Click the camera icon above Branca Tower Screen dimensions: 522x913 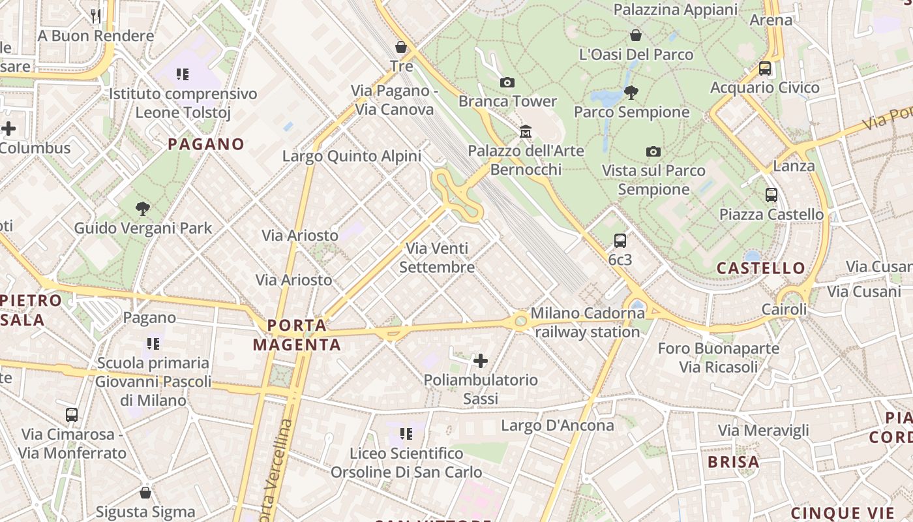507,82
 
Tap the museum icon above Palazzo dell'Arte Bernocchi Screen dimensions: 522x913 526,132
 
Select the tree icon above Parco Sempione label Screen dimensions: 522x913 631,93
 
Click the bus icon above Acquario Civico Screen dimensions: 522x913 765,69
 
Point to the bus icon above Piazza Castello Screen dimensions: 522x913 771,195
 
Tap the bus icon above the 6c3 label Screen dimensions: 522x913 620,241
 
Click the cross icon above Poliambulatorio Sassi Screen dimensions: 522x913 481,360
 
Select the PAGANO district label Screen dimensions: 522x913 206,144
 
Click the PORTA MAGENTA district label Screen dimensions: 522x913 297,335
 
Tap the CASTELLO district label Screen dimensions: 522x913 761,268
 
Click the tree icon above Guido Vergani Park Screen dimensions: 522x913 143,209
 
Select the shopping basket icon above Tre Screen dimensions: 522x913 401,47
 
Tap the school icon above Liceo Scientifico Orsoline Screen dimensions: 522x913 406,433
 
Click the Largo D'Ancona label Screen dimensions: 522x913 558,425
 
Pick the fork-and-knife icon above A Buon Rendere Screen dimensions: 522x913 96,16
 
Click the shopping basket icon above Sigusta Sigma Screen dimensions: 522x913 145,493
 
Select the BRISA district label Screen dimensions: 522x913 734,462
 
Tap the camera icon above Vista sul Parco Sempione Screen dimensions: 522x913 653,151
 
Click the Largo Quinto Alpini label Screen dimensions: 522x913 352,156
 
